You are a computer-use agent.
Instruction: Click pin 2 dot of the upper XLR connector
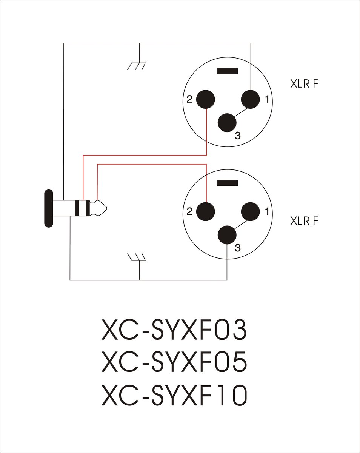(206, 99)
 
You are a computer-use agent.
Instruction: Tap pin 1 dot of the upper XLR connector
(251, 99)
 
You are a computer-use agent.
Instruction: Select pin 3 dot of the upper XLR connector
(227, 123)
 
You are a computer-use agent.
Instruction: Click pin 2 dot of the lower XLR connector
(206, 211)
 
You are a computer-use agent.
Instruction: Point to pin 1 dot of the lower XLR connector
(251, 211)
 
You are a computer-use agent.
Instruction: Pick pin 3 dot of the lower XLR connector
(227, 235)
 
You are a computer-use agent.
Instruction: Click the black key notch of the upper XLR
(228, 71)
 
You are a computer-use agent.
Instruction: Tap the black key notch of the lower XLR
(228, 183)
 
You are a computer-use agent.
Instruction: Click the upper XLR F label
(304, 84)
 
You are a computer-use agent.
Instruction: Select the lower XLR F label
(304, 221)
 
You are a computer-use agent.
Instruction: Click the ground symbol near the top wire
(137, 66)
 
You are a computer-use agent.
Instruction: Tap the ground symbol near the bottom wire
(137, 257)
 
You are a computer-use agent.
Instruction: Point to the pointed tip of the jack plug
(107, 208)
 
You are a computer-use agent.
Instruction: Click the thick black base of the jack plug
(49, 208)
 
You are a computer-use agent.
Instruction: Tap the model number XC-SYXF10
(174, 396)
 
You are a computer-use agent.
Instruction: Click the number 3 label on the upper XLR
(238, 136)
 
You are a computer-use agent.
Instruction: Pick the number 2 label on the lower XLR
(189, 211)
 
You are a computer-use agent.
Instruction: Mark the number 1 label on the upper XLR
(267, 99)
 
